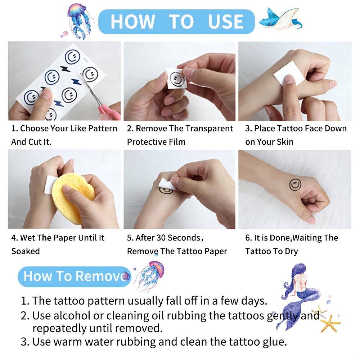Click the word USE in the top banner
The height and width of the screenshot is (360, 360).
pos(226,22)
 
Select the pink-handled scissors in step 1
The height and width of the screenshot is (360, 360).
pos(101,99)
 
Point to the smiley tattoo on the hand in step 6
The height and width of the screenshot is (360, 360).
pos(295,185)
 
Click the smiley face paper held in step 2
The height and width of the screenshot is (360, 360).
pos(176,79)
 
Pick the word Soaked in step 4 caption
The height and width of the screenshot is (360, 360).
pos(26,251)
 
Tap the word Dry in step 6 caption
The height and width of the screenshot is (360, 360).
pos(291,251)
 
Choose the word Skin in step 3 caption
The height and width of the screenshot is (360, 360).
pos(285,142)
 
